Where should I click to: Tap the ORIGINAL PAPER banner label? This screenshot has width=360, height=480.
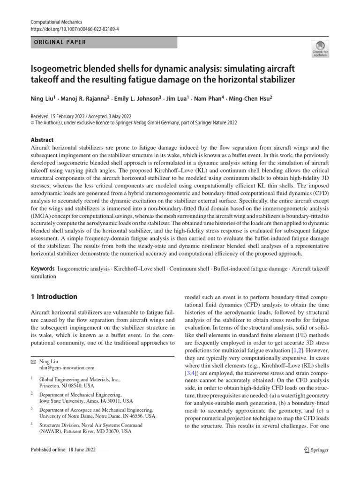(x=58, y=42)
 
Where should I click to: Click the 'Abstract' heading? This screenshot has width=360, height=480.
(x=42, y=140)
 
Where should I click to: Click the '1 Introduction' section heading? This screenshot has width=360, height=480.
(x=53, y=297)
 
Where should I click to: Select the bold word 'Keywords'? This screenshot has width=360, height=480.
(x=42, y=270)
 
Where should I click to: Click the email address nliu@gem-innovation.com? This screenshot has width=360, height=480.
(x=69, y=368)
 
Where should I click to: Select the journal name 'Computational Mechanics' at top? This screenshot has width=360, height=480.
(x=56, y=22)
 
